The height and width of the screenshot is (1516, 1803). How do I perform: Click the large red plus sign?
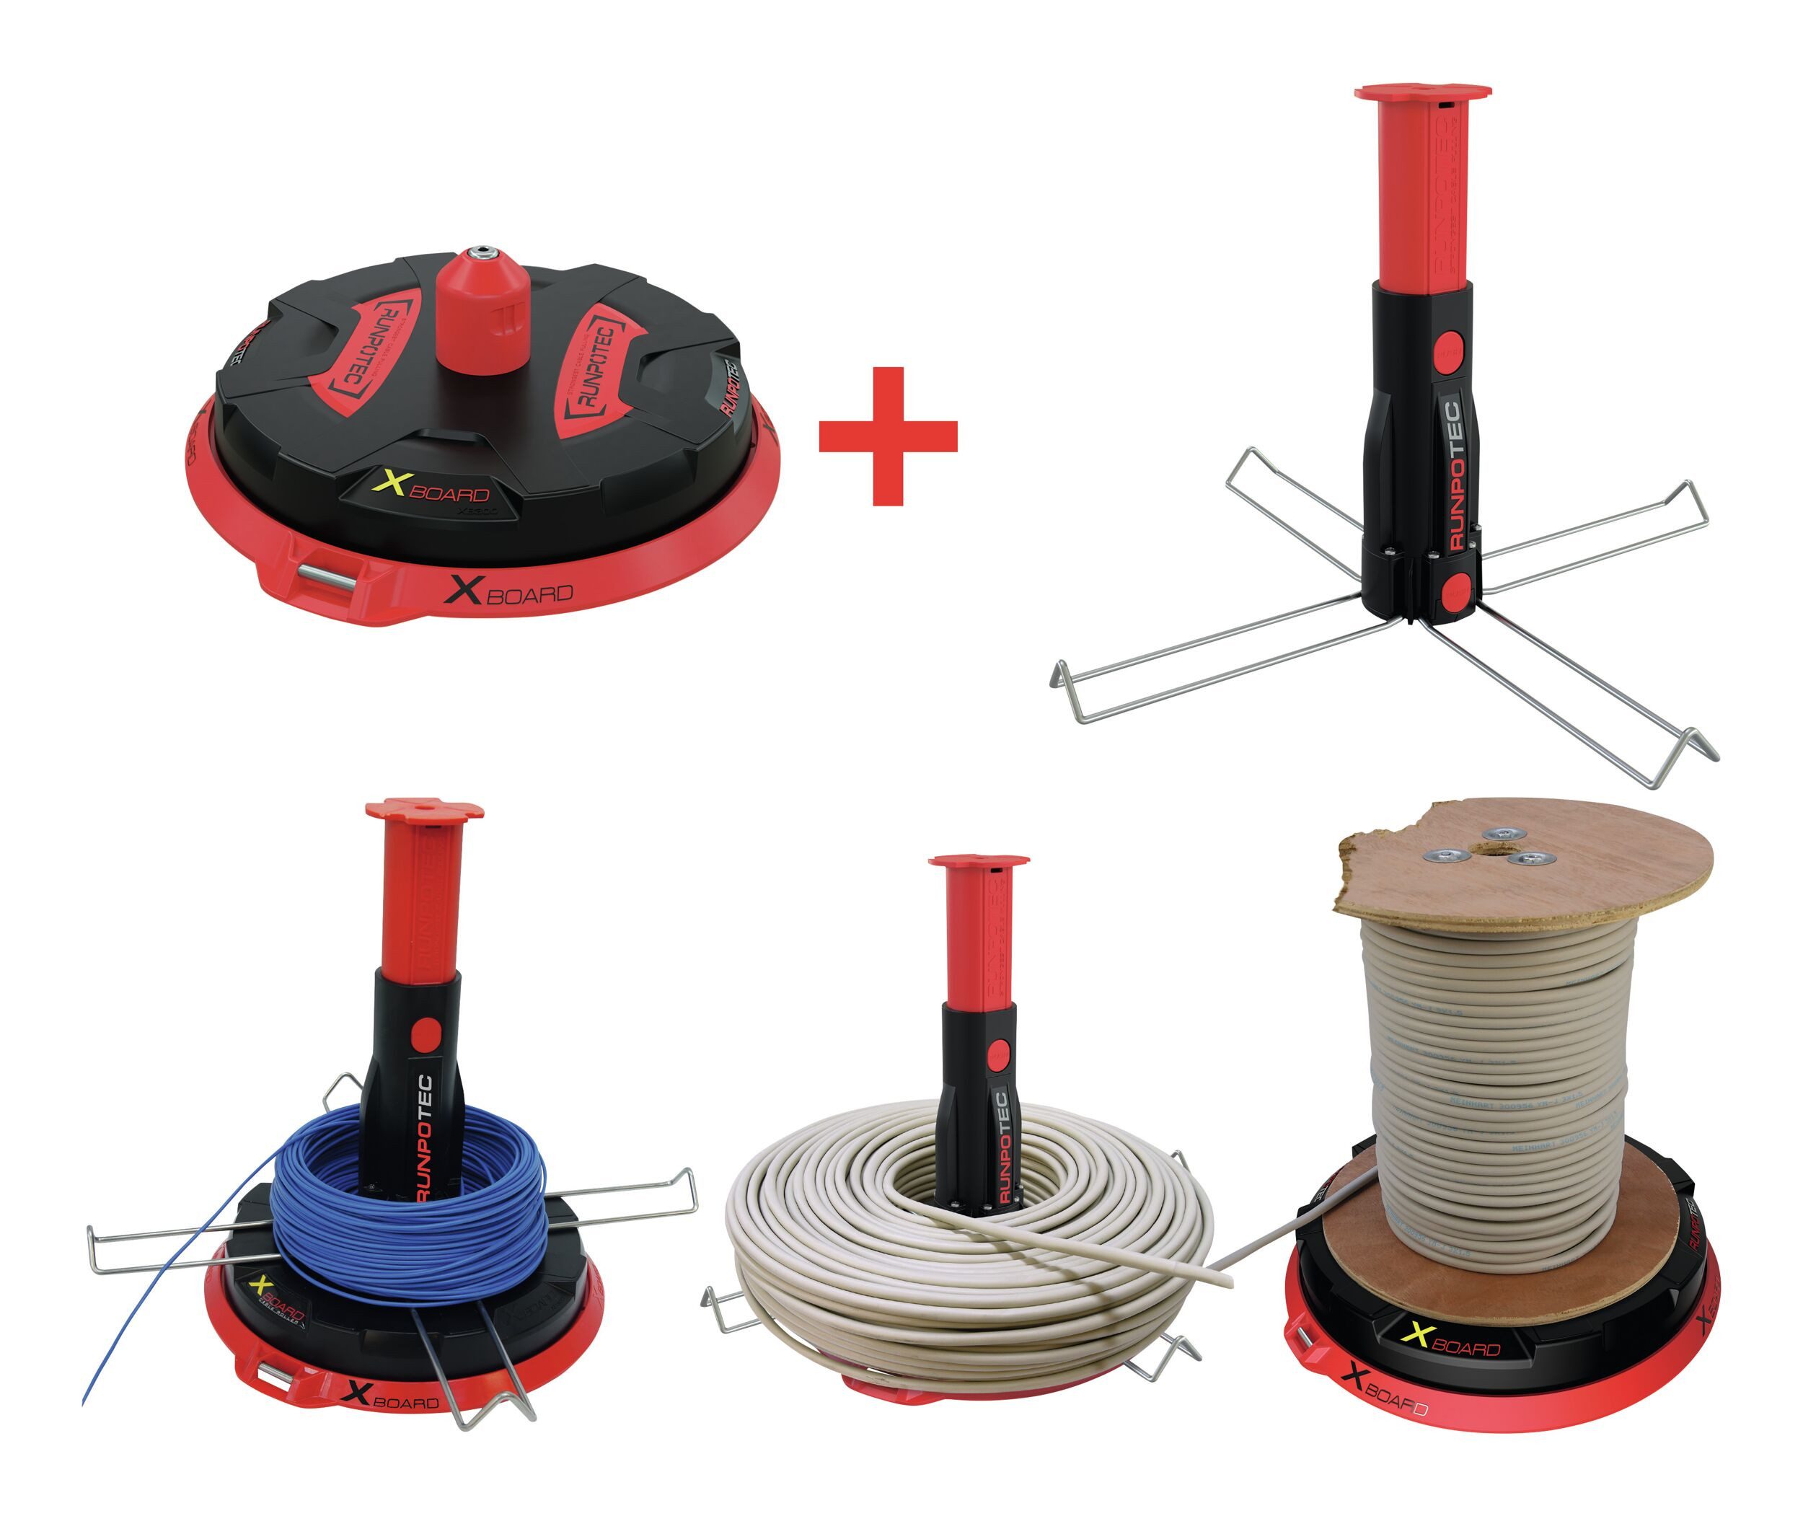coord(888,436)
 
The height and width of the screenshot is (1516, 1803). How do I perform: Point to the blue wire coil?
coord(408,1212)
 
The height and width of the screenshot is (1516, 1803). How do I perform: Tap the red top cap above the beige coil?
coord(979,862)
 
